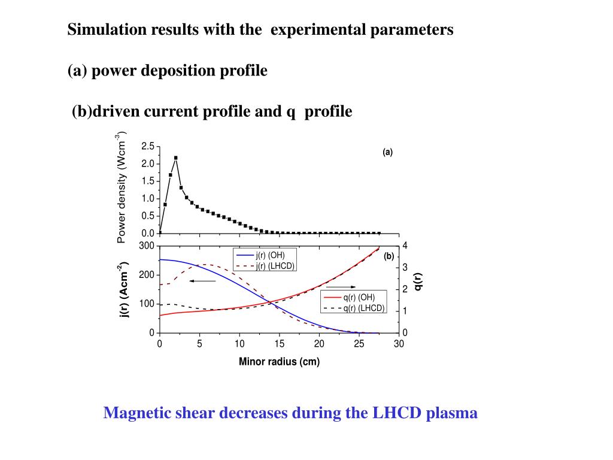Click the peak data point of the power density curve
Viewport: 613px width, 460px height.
[175, 158]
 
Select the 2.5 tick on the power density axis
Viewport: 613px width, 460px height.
[148, 147]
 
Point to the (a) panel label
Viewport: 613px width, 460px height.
[388, 152]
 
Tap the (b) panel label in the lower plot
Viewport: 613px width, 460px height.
[389, 256]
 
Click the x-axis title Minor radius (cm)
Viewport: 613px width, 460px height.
[279, 362]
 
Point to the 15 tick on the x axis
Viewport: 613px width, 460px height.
[279, 344]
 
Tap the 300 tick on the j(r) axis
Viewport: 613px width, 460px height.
[147, 246]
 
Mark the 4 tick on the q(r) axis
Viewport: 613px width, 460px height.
[405, 246]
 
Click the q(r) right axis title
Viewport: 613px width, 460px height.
[418, 282]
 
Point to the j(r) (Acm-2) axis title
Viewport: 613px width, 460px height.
[124, 289]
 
